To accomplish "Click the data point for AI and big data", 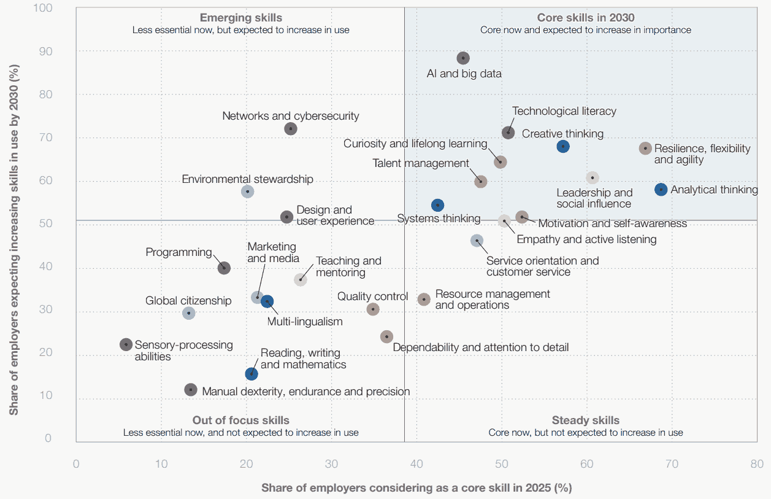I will pyautogui.click(x=463, y=58).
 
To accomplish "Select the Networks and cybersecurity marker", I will pyautogui.click(x=291, y=129).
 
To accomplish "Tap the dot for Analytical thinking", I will pyautogui.click(x=661, y=190).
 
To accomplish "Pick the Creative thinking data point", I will pyautogui.click(x=563, y=146).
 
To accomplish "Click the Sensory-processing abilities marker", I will pyautogui.click(x=126, y=344).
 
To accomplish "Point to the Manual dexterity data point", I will pyautogui.click(x=191, y=390).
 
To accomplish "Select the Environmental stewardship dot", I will pyautogui.click(x=247, y=191).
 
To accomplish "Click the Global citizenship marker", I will pyautogui.click(x=189, y=313).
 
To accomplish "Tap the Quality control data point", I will pyautogui.click(x=373, y=309).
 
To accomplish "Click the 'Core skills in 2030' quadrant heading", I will pyautogui.click(x=586, y=18).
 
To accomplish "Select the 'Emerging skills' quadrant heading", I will pyautogui.click(x=241, y=18).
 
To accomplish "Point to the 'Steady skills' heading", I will pyautogui.click(x=586, y=420).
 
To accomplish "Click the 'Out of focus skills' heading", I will pyautogui.click(x=241, y=420).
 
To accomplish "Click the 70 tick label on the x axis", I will pyautogui.click(x=672, y=463).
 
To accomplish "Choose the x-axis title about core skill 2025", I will pyautogui.click(x=416, y=488).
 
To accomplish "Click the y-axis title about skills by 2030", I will pyautogui.click(x=13, y=223).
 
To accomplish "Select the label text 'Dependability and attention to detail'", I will pyautogui.click(x=481, y=347).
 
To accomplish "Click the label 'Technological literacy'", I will pyautogui.click(x=564, y=111).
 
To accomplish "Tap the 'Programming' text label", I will pyautogui.click(x=178, y=252).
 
